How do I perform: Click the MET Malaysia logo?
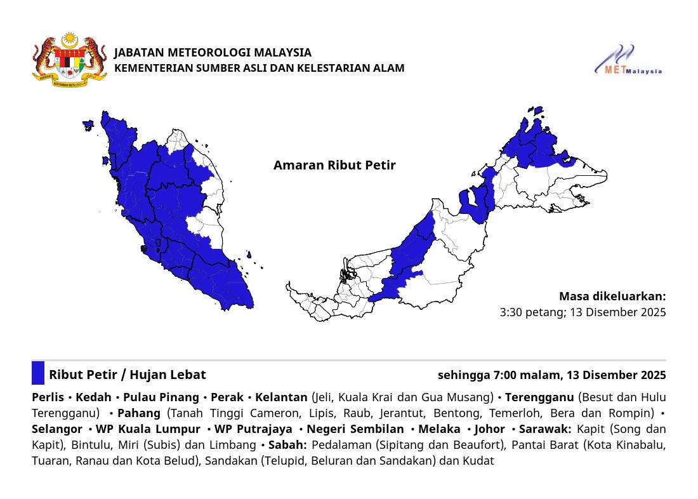click(x=628, y=61)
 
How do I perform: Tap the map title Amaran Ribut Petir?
click(x=334, y=165)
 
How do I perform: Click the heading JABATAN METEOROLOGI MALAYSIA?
click(x=213, y=53)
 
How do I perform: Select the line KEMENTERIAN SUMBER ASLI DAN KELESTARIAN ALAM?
click(x=259, y=68)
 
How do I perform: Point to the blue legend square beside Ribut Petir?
click(x=38, y=373)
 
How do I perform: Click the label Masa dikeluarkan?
click(x=612, y=296)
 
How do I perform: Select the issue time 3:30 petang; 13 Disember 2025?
click(x=583, y=312)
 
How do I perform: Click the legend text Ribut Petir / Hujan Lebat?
click(x=128, y=375)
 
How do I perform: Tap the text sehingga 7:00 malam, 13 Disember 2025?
click(x=551, y=375)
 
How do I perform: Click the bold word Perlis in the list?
click(x=48, y=397)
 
